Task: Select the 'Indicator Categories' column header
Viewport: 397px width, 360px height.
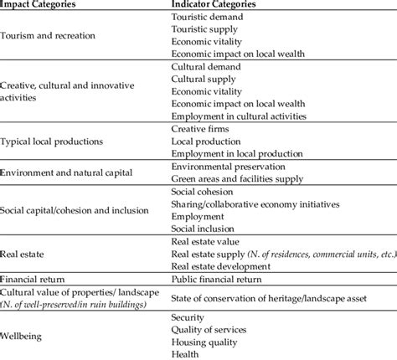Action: (x=214, y=4)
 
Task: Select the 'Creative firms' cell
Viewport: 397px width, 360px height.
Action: (x=199, y=131)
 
